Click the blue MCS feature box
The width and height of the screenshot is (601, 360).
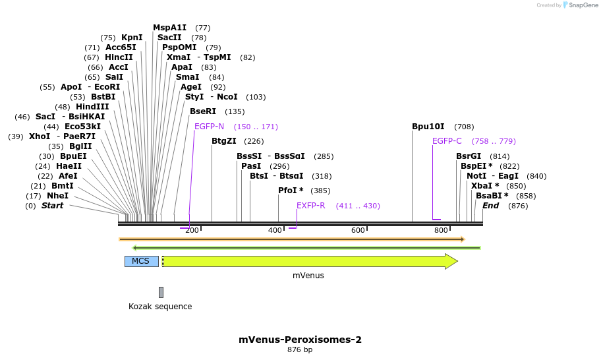141,261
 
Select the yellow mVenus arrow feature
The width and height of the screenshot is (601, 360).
310,262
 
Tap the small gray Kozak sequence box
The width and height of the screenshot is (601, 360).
161,292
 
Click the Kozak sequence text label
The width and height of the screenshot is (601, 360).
160,307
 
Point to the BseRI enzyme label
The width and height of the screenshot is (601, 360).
202,111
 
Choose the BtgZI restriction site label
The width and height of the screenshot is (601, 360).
224,141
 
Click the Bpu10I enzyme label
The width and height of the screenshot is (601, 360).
428,127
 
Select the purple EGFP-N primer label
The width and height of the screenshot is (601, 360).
209,127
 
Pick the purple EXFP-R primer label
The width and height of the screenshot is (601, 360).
311,206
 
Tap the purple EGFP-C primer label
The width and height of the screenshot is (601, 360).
447,141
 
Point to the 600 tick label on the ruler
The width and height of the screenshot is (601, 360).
358,230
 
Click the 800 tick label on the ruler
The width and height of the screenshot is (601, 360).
441,230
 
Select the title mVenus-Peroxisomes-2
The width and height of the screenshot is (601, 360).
300,340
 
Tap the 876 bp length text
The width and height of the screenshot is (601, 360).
300,350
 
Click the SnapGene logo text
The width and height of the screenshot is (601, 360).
580,5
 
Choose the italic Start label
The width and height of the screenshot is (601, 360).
53,206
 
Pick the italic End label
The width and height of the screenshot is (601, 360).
490,206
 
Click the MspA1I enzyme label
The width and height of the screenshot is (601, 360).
170,28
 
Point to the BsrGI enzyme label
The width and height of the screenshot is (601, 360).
469,156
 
